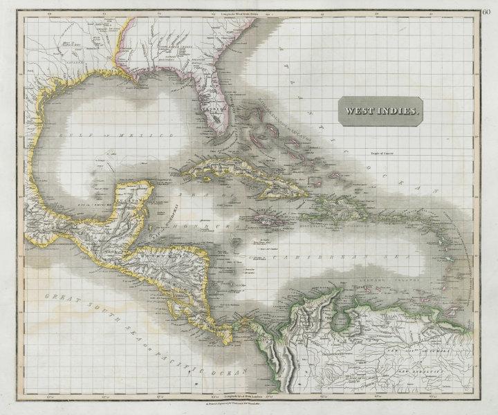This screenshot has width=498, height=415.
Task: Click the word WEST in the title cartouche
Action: pyautogui.click(x=360, y=109)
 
